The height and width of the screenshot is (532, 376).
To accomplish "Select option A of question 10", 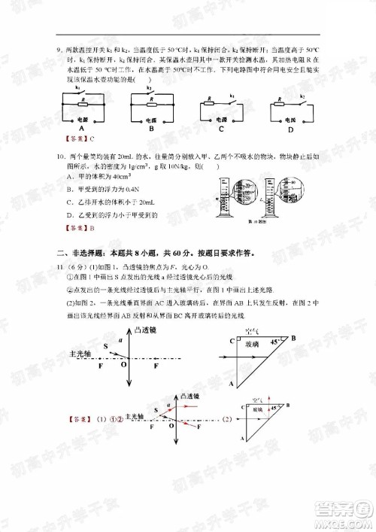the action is pos(71,176).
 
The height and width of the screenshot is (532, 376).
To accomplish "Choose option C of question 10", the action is pos(71,202).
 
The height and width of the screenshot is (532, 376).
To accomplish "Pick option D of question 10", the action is pos(71,214).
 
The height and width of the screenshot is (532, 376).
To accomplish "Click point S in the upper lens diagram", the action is pos(105,345).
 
